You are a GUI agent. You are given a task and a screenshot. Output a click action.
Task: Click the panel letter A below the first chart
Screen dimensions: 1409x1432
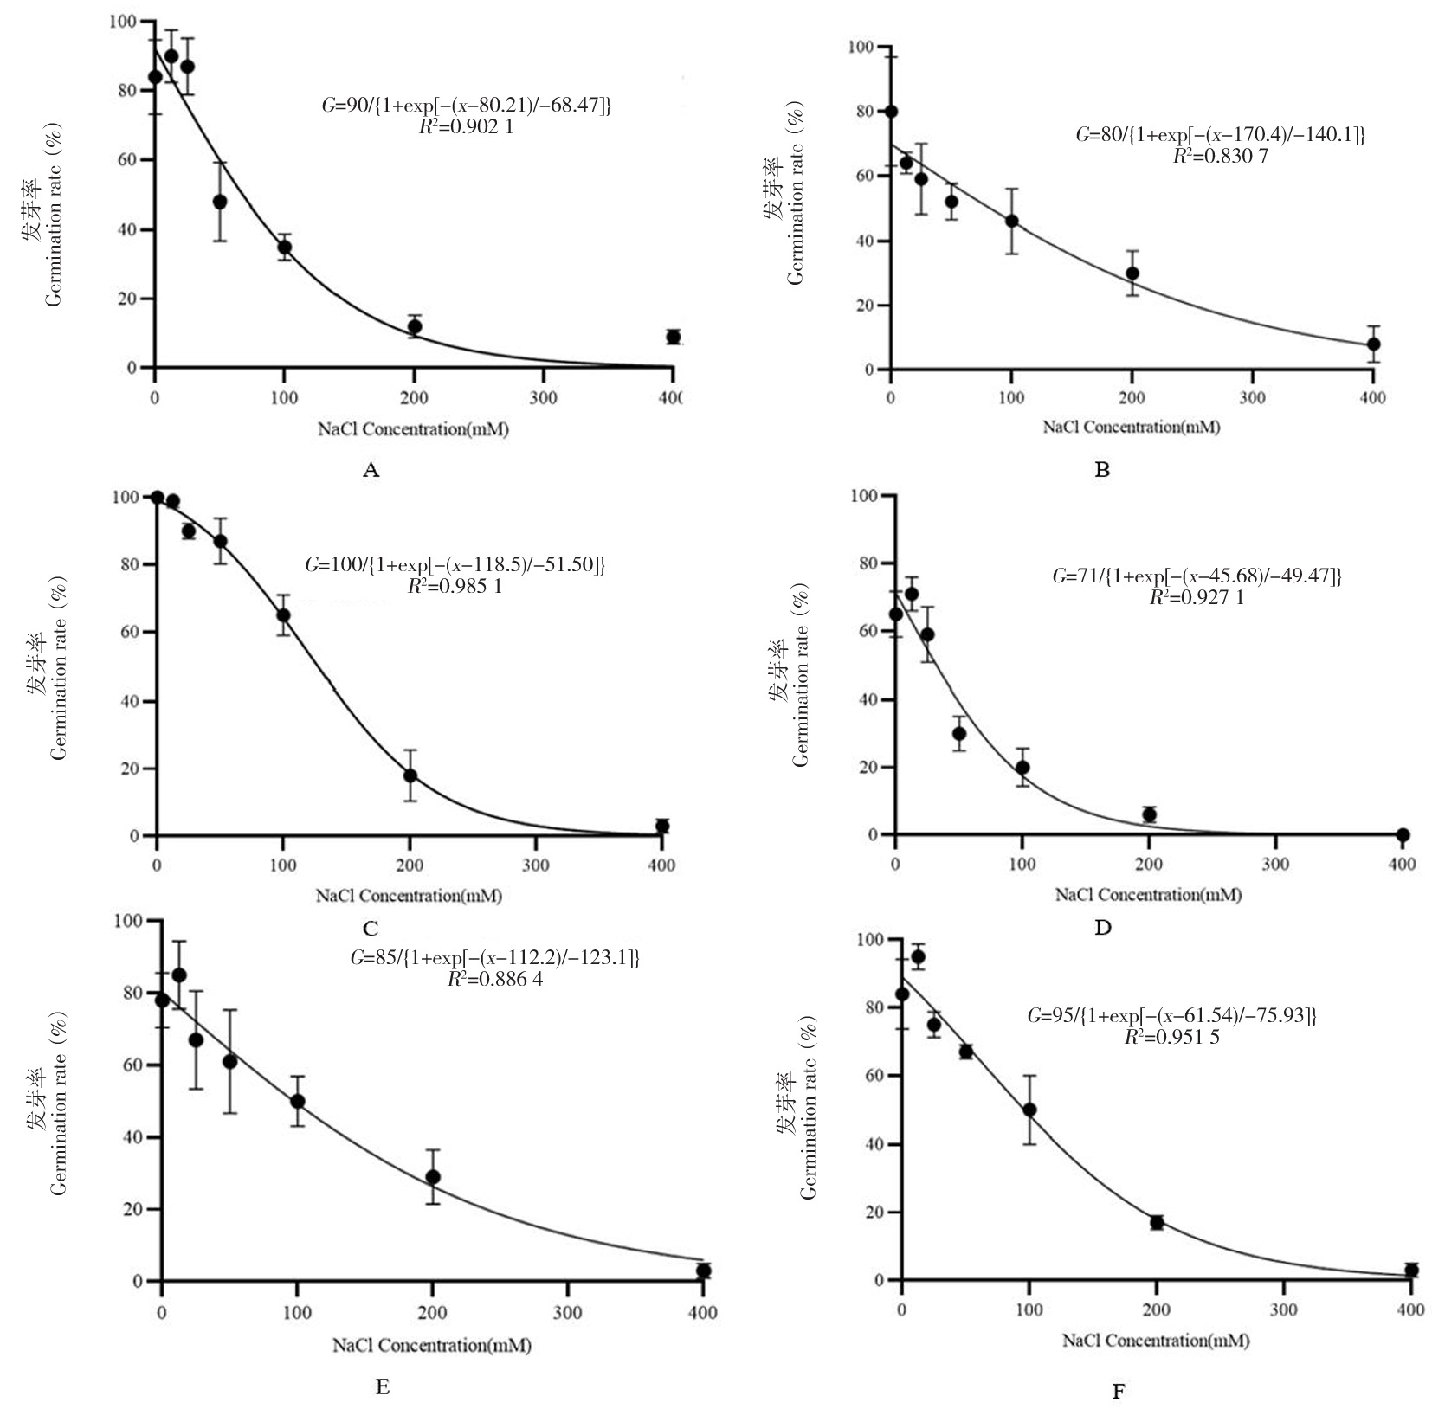pyautogui.click(x=371, y=470)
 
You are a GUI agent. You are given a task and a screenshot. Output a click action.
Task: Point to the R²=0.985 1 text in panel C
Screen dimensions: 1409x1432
pyautogui.click(x=454, y=586)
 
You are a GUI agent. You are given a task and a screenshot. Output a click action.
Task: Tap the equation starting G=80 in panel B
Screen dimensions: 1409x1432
pyautogui.click(x=1220, y=135)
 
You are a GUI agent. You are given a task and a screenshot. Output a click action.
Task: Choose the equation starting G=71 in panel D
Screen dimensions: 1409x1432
pyautogui.click(x=1197, y=576)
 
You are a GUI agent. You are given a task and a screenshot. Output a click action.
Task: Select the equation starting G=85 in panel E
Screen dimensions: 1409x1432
pyautogui.click(x=494, y=958)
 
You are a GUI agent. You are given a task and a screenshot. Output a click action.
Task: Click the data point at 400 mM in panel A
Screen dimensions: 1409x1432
pyautogui.click(x=673, y=337)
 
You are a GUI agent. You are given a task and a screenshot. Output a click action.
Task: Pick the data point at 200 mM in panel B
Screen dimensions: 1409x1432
pyautogui.click(x=1132, y=273)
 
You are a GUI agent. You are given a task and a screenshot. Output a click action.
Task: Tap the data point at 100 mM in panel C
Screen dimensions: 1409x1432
pyautogui.click(x=283, y=615)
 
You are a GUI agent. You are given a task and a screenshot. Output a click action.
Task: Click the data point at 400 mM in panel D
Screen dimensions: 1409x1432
pyautogui.click(x=1403, y=834)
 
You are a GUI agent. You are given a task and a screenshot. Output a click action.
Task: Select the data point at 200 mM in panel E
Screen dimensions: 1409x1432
pyautogui.click(x=433, y=1177)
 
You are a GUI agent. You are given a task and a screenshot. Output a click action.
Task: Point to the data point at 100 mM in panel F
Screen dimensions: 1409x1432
pyautogui.click(x=1029, y=1110)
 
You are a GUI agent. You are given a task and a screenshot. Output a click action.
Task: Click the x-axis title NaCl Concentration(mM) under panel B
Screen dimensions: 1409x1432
pyautogui.click(x=1131, y=427)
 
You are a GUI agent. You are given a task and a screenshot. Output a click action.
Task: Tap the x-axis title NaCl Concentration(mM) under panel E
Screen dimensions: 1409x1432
pyautogui.click(x=431, y=1346)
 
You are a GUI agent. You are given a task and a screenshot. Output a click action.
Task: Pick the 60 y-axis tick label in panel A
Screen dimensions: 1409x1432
pyautogui.click(x=128, y=160)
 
